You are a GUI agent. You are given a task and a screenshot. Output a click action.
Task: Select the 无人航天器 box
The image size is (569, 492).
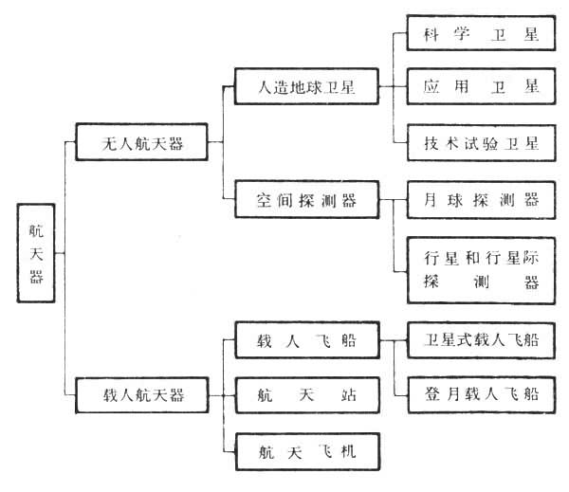click(141, 144)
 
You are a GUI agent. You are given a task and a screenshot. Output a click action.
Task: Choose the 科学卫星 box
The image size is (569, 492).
click(480, 35)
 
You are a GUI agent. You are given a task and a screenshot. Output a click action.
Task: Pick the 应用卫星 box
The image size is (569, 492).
click(480, 87)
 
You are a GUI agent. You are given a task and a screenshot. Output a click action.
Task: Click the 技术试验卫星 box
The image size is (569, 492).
click(480, 144)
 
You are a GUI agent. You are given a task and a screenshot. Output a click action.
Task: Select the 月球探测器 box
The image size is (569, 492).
click(480, 200)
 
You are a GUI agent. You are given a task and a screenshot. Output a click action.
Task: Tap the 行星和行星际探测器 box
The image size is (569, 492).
click(480, 268)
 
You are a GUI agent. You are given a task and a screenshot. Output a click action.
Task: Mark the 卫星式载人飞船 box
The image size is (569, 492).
click(480, 339)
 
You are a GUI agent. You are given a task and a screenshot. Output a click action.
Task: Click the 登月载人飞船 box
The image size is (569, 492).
click(480, 392)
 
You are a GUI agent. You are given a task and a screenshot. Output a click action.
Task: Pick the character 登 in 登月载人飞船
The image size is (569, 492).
click(430, 392)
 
